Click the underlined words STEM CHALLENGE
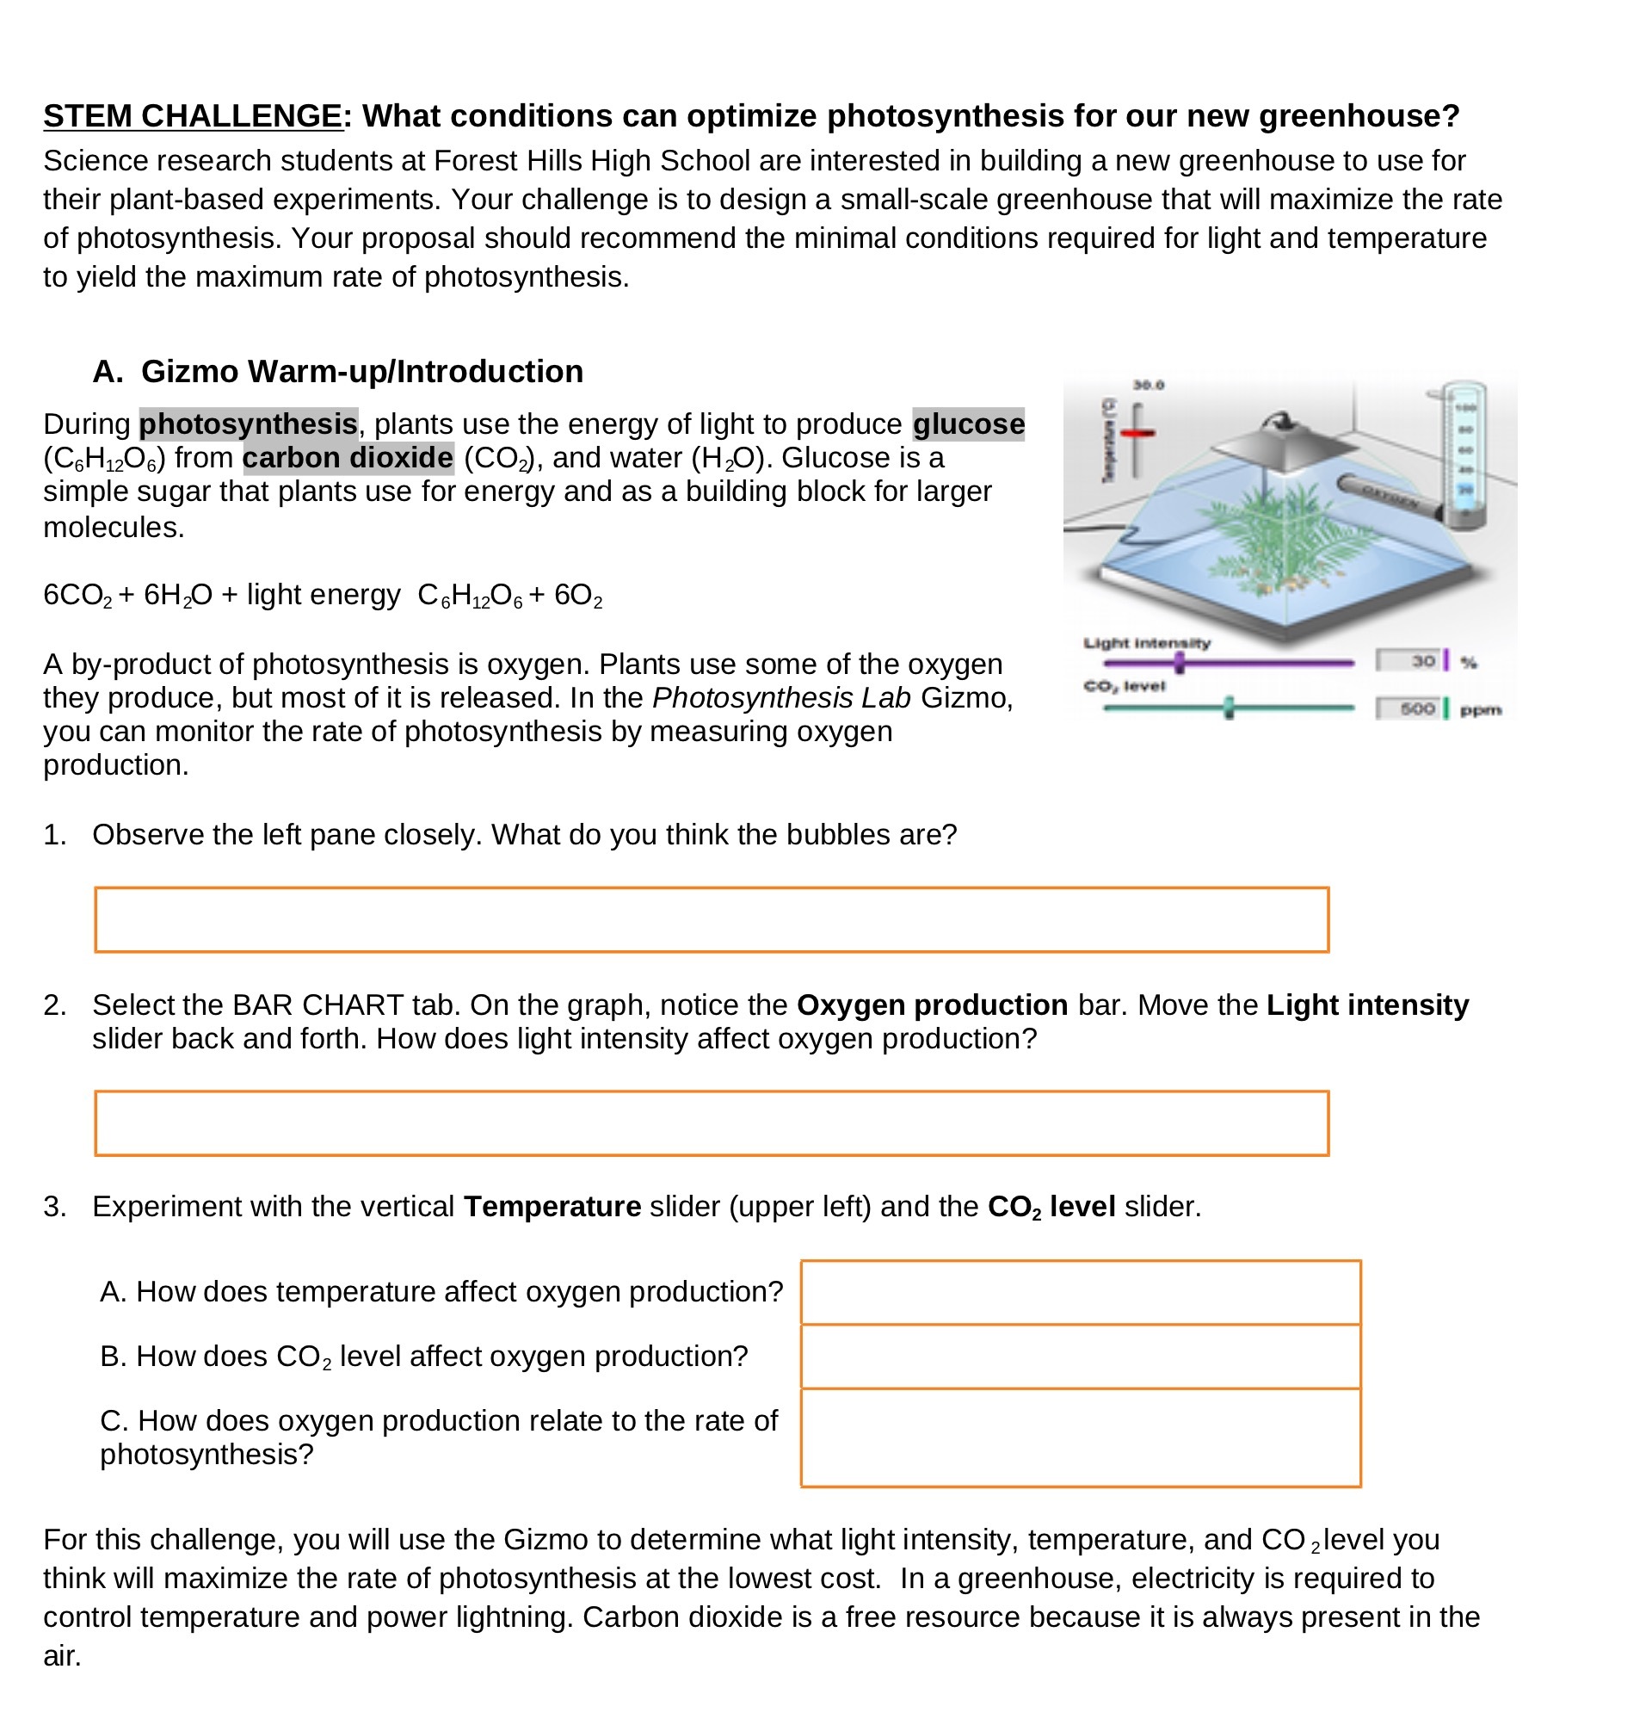[192, 116]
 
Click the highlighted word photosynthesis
[249, 423]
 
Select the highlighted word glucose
[968, 423]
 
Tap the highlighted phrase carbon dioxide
[348, 458]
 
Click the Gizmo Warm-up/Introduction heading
[362, 371]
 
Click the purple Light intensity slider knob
[1180, 663]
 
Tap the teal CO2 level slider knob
[1229, 708]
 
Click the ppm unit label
[1481, 710]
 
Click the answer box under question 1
[712, 919]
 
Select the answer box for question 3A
[1081, 1291]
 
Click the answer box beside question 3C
[1081, 1437]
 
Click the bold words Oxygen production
[932, 1005]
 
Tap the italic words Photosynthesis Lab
[781, 698]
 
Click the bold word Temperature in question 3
[552, 1206]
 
